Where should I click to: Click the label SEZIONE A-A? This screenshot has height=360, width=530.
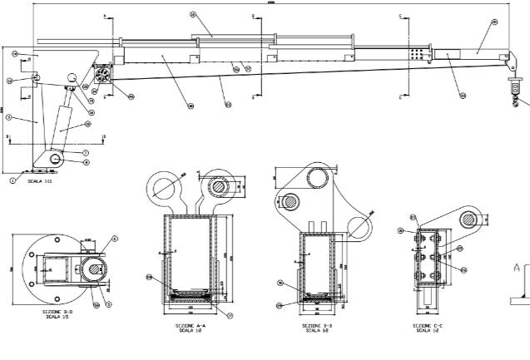[184, 327]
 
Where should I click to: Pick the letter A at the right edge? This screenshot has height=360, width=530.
[516, 268]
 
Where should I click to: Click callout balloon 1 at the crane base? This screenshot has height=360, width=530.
[12, 178]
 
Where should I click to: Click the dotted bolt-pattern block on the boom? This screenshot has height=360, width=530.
[416, 53]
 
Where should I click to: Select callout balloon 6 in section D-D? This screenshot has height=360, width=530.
[114, 239]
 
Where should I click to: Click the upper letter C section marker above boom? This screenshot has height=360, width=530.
[400, 17]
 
